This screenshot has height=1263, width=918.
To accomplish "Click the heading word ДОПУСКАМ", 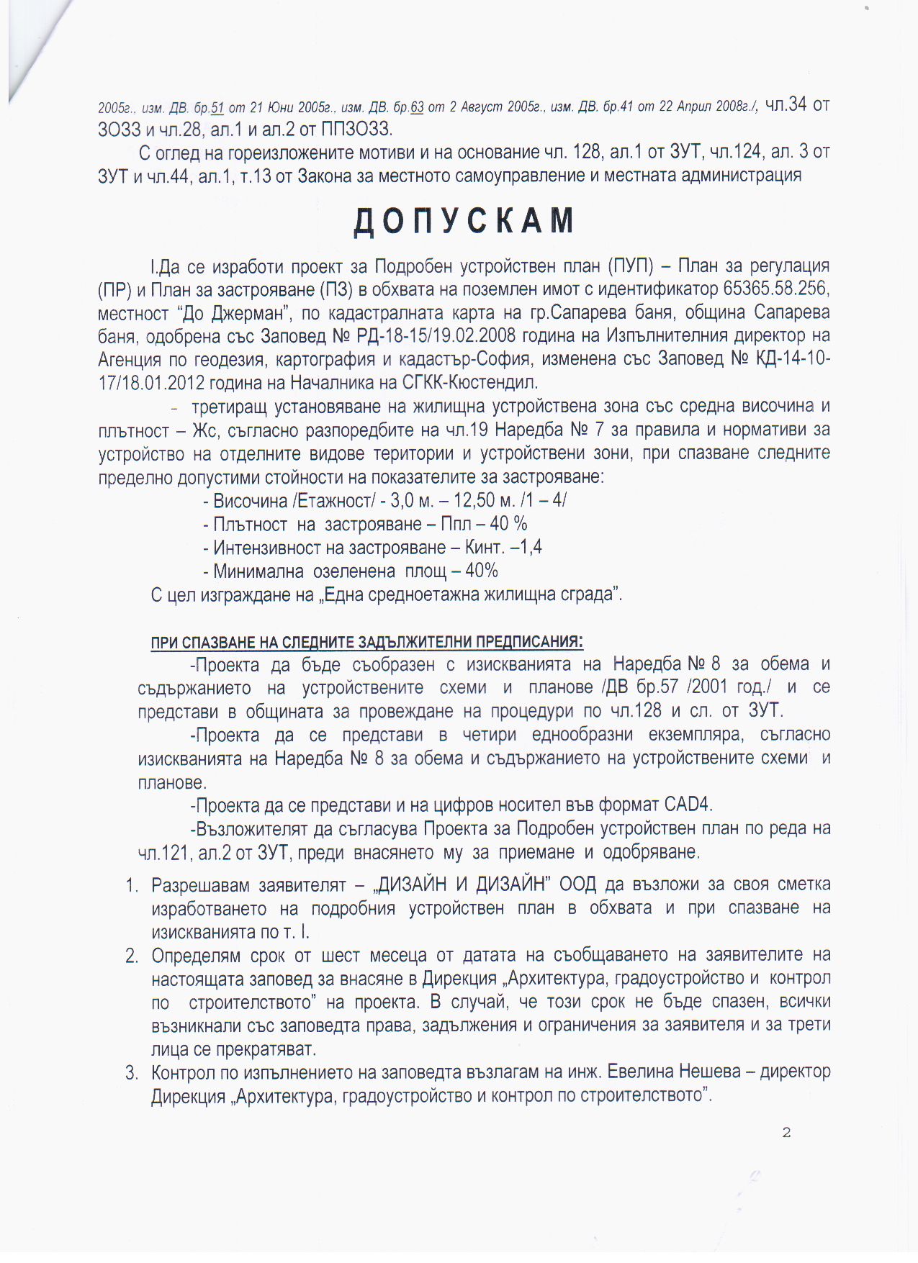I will (464, 221).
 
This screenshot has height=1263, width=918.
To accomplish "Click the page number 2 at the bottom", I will (786, 1133).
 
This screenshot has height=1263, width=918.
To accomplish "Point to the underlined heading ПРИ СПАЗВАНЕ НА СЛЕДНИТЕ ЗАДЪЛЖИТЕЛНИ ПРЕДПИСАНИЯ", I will (366, 641).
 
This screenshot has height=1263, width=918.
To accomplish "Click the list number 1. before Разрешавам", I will (132, 884).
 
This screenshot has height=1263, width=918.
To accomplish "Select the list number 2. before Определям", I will (132, 956).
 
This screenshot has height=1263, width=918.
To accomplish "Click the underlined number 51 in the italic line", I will (217, 108).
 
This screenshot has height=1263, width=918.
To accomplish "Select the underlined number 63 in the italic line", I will (416, 108).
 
